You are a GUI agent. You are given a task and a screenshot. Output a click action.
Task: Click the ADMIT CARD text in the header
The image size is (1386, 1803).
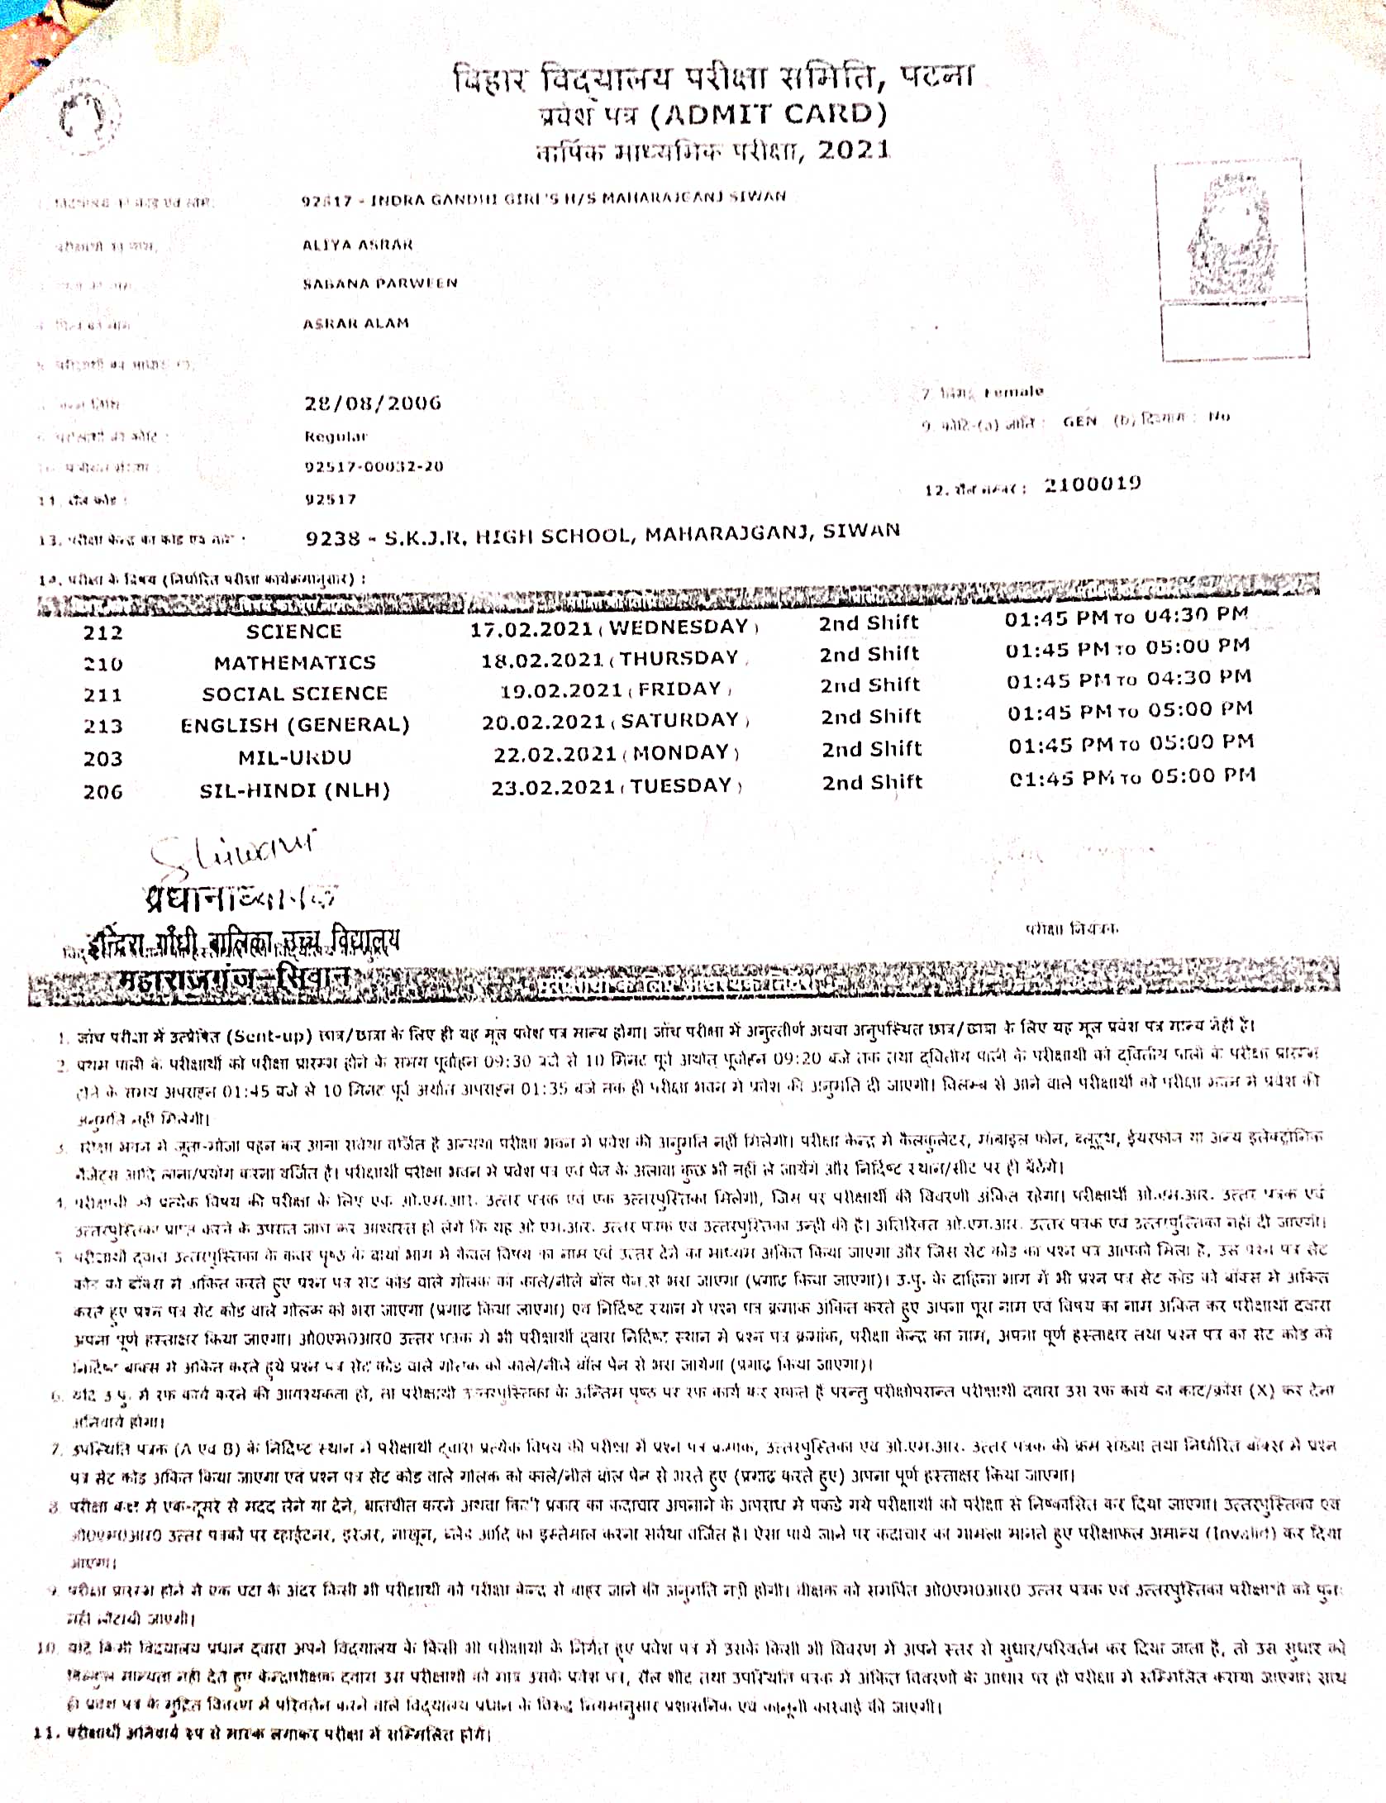click(769, 115)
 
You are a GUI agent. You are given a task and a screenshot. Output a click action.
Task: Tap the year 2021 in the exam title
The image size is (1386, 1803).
click(854, 150)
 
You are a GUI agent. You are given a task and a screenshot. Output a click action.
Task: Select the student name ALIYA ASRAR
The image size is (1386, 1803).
click(357, 245)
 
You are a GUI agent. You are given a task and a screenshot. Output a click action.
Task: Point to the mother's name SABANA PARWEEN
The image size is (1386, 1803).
click(379, 284)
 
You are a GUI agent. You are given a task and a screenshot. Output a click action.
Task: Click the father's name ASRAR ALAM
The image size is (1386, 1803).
click(355, 323)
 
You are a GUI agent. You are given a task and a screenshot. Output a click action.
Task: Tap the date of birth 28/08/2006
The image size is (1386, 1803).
click(373, 403)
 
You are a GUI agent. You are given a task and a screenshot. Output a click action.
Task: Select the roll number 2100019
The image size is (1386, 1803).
click(1092, 484)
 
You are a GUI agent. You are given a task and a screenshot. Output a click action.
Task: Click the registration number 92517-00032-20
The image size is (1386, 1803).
click(374, 467)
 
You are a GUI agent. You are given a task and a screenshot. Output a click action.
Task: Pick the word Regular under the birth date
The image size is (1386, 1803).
click(336, 436)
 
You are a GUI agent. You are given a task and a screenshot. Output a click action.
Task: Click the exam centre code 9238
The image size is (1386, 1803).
click(333, 539)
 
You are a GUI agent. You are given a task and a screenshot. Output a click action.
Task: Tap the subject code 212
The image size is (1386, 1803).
click(102, 633)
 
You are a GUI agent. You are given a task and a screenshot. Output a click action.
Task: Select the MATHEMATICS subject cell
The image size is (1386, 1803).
click(294, 663)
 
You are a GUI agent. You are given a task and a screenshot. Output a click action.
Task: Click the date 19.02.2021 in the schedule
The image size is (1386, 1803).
click(560, 691)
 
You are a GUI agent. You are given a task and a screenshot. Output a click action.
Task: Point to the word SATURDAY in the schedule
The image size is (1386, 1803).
click(679, 721)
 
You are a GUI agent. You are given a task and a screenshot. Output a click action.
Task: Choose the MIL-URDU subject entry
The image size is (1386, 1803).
click(294, 757)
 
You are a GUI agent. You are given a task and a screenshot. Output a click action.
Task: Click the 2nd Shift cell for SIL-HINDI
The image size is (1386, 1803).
click(872, 782)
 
